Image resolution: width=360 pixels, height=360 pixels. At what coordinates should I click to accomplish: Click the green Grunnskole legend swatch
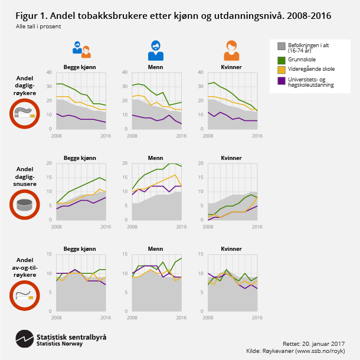[x=281, y=59]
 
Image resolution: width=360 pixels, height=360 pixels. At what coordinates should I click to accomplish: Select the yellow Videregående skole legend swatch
[x=281, y=69]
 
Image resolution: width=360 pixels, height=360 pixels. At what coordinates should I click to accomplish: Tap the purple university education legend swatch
[x=281, y=81]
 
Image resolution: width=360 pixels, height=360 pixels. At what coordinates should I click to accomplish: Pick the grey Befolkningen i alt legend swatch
[x=281, y=45]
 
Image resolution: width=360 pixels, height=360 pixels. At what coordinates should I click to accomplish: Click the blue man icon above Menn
[x=155, y=51]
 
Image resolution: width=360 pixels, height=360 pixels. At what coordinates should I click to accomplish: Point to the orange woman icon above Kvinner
[x=231, y=51]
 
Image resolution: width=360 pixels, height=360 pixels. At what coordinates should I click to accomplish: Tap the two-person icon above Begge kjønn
[x=81, y=50]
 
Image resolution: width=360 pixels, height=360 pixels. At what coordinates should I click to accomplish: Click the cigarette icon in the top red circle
[x=24, y=114]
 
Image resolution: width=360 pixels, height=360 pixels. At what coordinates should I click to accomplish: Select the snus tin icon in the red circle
[x=24, y=205]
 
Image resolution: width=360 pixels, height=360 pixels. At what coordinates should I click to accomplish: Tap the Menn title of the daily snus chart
[x=155, y=158]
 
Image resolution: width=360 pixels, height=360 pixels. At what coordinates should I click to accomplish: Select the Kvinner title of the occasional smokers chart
[x=231, y=249]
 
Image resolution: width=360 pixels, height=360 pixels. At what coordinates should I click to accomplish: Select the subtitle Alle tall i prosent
[x=38, y=27]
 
